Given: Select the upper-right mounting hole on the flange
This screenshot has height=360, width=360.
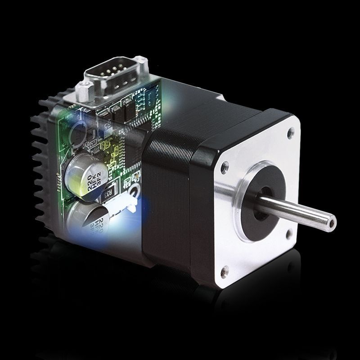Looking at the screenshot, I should click(290, 132).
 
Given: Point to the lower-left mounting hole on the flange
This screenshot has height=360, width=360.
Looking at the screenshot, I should click(225, 271).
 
